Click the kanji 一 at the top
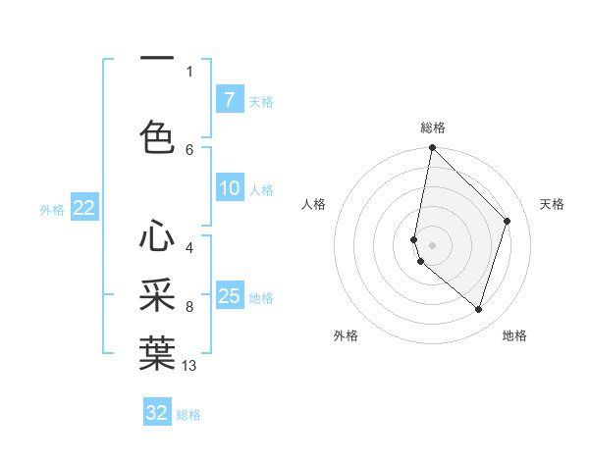click(157, 60)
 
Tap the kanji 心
click(157, 236)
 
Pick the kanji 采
click(157, 295)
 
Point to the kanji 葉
click(157, 353)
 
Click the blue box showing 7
click(230, 100)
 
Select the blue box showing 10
click(230, 188)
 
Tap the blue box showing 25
click(230, 295)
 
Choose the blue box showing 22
click(84, 208)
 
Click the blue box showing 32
click(157, 413)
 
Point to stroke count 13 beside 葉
click(189, 366)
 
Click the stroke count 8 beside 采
click(189, 307)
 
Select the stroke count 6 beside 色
click(189, 149)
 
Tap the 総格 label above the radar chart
click(433, 128)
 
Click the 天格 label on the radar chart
click(552, 204)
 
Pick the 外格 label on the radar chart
click(346, 335)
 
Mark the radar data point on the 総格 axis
click(433, 148)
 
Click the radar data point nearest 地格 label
click(479, 309)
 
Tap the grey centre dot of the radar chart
click(433, 245)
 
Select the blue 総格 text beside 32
click(188, 415)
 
